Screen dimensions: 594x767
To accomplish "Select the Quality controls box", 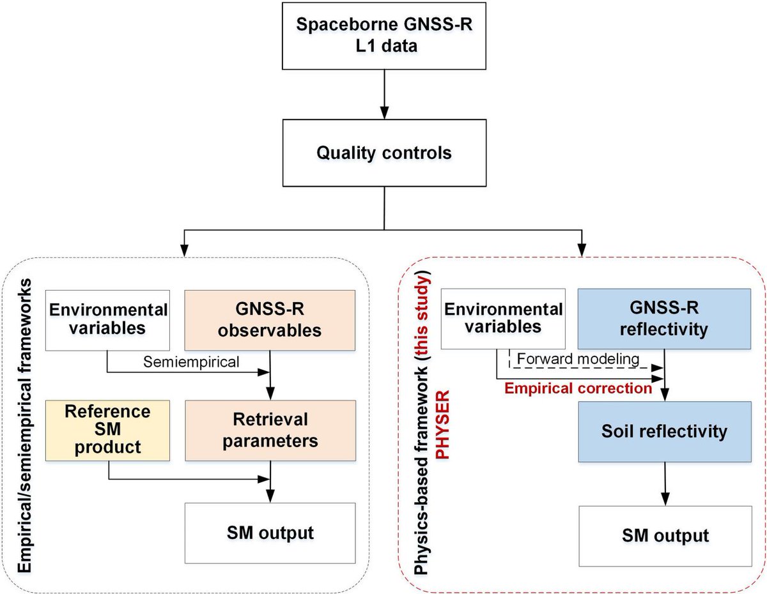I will [383, 153].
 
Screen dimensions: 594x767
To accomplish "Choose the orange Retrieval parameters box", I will [270, 430].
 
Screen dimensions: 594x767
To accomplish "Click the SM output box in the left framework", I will [270, 532].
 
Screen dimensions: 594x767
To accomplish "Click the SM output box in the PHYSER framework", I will [665, 535].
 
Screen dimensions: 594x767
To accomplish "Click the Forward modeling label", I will [578, 359].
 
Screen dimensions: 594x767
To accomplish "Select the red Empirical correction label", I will [578, 387].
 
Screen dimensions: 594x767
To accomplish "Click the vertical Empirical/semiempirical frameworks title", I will [26, 428].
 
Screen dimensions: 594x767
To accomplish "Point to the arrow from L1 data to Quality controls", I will [383, 96].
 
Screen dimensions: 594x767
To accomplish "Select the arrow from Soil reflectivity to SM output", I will [665, 484].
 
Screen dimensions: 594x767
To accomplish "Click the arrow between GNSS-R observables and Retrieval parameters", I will [272, 377].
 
